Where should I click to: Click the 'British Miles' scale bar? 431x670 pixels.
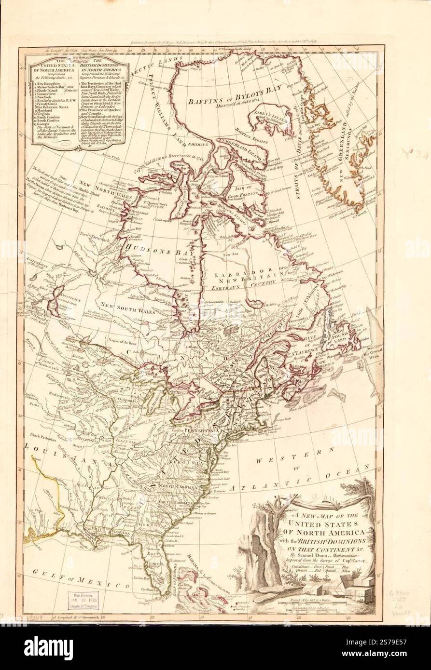[x=314, y=602]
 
